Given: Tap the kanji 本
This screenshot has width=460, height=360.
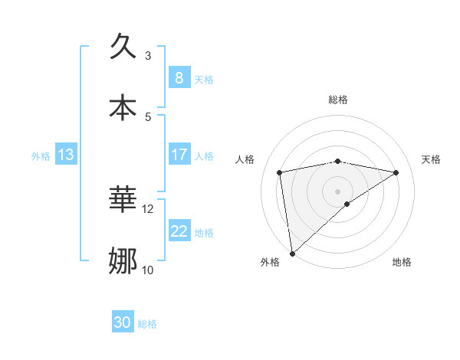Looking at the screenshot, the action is (x=124, y=107).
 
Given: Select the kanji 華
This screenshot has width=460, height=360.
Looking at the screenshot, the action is (x=124, y=200).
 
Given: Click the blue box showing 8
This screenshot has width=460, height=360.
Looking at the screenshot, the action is (x=179, y=77).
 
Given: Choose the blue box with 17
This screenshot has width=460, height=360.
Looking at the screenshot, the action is (x=179, y=155).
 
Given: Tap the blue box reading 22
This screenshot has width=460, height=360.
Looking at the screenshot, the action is (x=179, y=231).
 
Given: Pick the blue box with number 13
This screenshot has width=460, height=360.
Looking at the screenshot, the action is (x=65, y=155).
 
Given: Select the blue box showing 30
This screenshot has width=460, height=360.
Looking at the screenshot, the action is (x=122, y=323).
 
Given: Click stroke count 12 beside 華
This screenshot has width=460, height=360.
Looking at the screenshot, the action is (x=148, y=208).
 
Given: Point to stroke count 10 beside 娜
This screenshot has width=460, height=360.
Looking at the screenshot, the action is (x=148, y=270).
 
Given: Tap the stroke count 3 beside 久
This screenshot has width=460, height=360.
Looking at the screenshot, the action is (x=148, y=55).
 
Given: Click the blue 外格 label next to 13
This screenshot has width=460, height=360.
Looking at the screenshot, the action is (x=41, y=156).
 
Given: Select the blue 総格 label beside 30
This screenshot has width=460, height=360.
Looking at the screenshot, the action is (x=147, y=325).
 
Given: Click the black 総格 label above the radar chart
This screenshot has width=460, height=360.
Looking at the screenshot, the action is (x=338, y=100).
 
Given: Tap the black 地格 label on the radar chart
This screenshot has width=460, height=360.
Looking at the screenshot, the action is (x=402, y=263).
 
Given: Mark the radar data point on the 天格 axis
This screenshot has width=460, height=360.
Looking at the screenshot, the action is (x=396, y=172).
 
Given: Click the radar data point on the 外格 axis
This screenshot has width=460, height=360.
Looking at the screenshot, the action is (x=292, y=253).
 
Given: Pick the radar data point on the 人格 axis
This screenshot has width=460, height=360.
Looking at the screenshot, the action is (x=280, y=172).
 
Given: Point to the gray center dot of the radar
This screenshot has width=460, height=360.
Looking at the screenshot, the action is (x=338, y=191).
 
